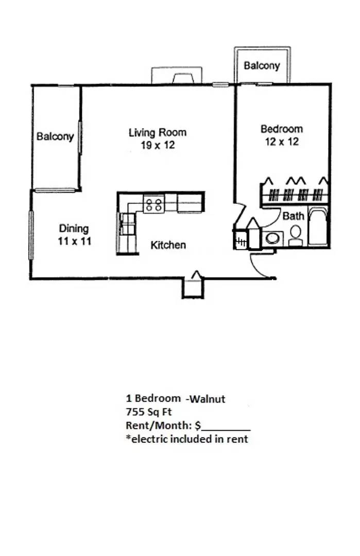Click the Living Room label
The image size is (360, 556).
158,133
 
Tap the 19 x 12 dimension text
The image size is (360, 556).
158,145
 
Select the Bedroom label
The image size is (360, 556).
282,129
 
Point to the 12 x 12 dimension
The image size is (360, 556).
282,142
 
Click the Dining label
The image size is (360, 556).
74,229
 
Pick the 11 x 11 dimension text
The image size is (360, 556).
75,241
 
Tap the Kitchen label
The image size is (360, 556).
168,245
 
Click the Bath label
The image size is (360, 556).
294,216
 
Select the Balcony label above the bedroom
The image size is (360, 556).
262,65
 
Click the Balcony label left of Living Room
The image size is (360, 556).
55,136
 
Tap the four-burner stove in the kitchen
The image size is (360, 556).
154,204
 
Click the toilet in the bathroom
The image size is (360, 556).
296,235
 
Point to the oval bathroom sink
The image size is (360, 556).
272,238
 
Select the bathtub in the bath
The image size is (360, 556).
318,227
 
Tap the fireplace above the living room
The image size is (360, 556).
177,75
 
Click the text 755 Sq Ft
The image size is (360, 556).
149,412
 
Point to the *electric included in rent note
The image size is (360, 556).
187,439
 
